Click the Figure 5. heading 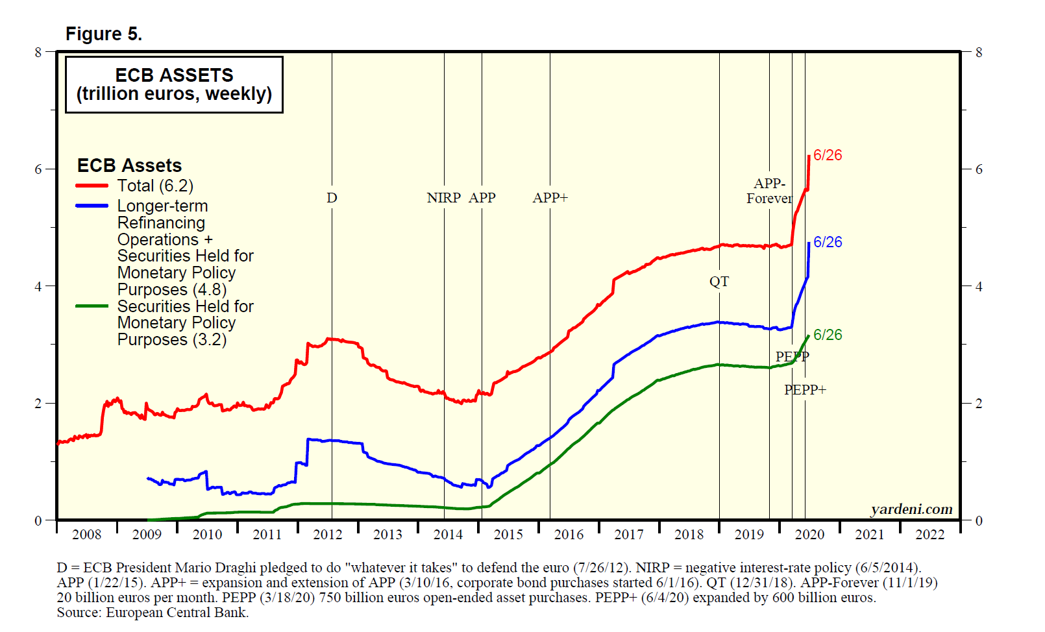pos(104,34)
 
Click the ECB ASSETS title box pos(174,84)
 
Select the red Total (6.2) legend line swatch pos(92,186)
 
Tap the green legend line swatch pos(92,306)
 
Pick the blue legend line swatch pos(92,206)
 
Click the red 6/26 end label pos(828,155)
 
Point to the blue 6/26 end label pos(828,242)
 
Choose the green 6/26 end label pos(828,335)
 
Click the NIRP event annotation pos(444,198)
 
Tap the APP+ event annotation pos(550,198)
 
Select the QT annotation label pos(719,282)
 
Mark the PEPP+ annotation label pos(805,390)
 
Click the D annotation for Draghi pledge pos(332,198)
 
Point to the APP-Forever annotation pos(769,191)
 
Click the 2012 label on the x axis pos(328,535)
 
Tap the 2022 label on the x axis pos(930,535)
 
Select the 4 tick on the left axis pos(38,286)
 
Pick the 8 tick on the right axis pos(979,53)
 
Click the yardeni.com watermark pos(911,509)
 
